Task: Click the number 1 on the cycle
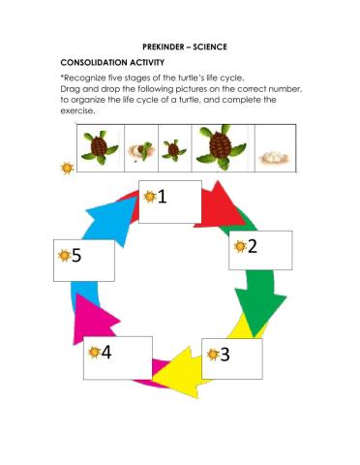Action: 162,198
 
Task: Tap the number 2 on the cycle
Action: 253,246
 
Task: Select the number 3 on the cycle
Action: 225,354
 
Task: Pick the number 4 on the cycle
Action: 105,352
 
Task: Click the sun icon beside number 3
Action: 210,355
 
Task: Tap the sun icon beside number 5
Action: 62,257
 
